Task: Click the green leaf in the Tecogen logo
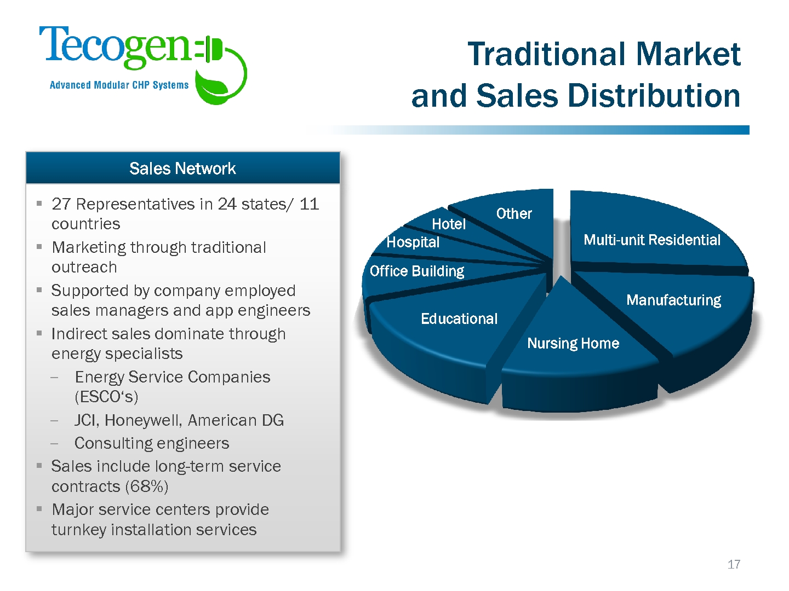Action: (x=212, y=86)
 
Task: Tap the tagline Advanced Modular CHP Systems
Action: (x=119, y=85)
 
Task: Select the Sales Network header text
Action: (x=182, y=169)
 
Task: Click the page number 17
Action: (x=734, y=564)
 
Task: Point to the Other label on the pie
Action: (x=514, y=213)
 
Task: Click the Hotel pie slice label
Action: (x=449, y=224)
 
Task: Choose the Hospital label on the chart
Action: (x=413, y=242)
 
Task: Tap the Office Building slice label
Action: (x=417, y=271)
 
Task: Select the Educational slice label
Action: (x=459, y=318)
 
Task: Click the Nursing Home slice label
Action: (x=573, y=344)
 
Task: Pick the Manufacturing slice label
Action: (x=673, y=300)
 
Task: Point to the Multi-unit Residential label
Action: (x=652, y=240)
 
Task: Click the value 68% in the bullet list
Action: (x=147, y=486)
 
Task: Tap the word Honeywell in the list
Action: (x=145, y=421)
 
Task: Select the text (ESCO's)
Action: (x=106, y=397)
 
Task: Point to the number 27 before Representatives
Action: (x=61, y=204)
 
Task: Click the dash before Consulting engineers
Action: (x=54, y=443)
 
